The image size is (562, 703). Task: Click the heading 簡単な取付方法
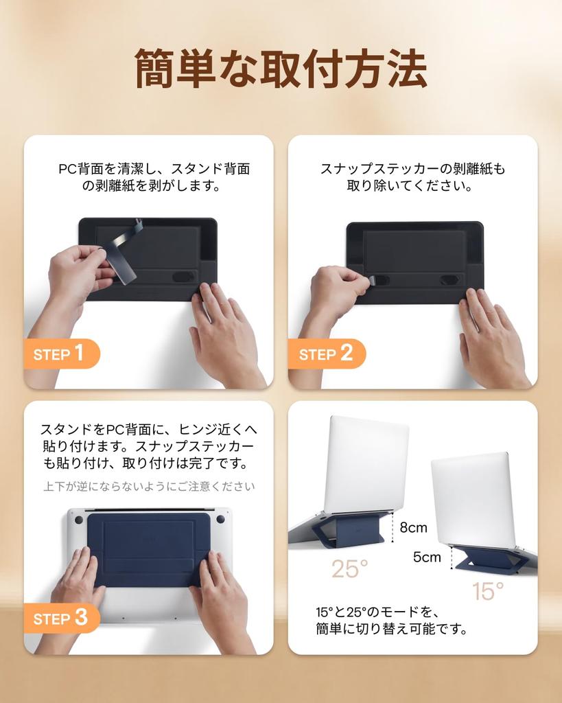(x=281, y=69)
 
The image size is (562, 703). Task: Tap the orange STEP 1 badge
(x=62, y=354)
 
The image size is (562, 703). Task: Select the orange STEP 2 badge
(x=327, y=354)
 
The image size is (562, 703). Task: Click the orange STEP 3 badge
(x=62, y=618)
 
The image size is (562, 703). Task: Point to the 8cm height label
(x=413, y=527)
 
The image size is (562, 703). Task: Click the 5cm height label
(x=427, y=557)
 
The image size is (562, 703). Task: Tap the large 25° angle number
(x=349, y=569)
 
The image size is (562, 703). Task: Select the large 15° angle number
(x=488, y=590)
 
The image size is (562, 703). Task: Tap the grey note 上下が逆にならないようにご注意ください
(x=149, y=487)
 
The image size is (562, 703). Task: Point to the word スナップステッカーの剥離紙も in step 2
(x=413, y=169)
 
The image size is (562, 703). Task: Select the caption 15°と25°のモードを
(x=377, y=612)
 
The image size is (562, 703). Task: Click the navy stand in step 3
(x=148, y=550)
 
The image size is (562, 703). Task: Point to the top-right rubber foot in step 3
(x=220, y=519)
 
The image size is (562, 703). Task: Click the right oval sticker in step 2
(x=449, y=280)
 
